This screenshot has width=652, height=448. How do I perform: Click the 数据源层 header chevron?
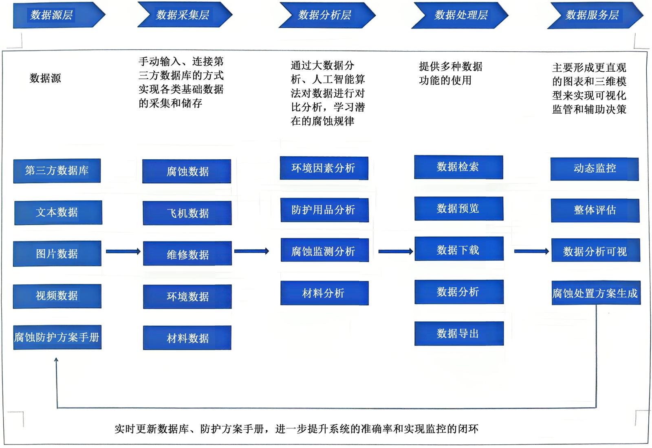(x=57, y=15)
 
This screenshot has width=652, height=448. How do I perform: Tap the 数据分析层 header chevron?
(x=326, y=15)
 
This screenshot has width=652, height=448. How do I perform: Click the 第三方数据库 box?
(x=57, y=171)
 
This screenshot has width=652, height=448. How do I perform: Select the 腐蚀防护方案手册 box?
(x=57, y=337)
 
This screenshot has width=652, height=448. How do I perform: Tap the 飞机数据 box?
(x=187, y=213)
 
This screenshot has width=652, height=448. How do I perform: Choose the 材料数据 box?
(x=187, y=338)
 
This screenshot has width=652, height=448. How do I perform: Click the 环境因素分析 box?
(x=324, y=168)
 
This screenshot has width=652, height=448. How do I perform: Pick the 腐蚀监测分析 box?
(x=324, y=250)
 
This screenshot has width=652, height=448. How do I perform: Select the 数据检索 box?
(x=458, y=167)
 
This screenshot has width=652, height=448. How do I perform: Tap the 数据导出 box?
(x=459, y=334)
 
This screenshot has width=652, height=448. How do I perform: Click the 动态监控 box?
(x=595, y=169)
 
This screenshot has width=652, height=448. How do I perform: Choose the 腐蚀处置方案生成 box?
(x=596, y=293)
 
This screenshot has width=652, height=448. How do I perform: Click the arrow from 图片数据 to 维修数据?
(x=123, y=251)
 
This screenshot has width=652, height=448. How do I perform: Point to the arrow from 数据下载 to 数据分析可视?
(x=531, y=251)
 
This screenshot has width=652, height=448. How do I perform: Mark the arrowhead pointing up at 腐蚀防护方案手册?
(x=56, y=360)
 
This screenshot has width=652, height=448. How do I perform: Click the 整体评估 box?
(x=595, y=210)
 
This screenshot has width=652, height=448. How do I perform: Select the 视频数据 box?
(x=57, y=296)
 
